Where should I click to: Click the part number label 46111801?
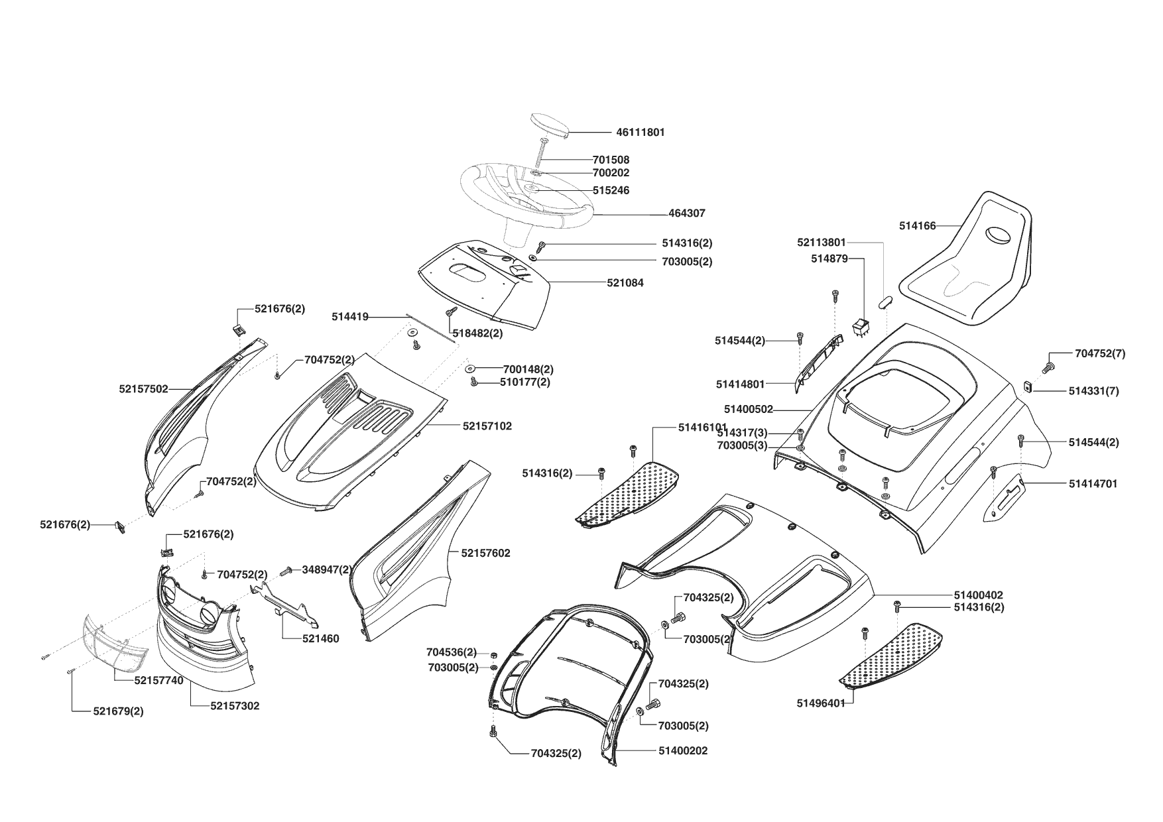click(x=640, y=133)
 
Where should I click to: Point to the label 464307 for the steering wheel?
click(x=686, y=213)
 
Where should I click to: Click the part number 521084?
click(x=625, y=283)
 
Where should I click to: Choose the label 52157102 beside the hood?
click(x=487, y=426)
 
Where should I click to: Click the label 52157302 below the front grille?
click(x=235, y=706)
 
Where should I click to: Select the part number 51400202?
click(x=683, y=750)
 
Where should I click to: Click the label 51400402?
click(x=978, y=595)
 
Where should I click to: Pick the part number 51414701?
click(x=1093, y=484)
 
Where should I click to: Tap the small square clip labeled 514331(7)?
click(x=1026, y=386)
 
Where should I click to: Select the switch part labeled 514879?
click(x=860, y=327)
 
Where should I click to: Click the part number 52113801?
click(x=821, y=243)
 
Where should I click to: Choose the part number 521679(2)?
click(x=117, y=711)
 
